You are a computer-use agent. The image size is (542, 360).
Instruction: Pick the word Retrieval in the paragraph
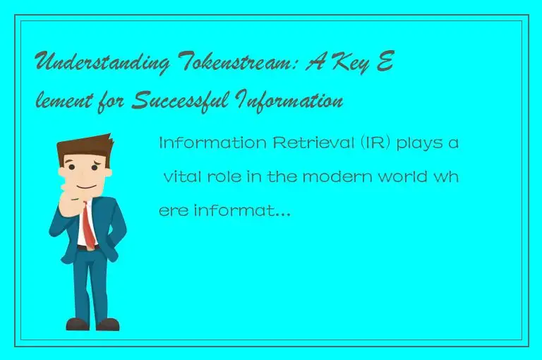282,144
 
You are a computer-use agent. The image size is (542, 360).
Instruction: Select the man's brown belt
85,248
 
